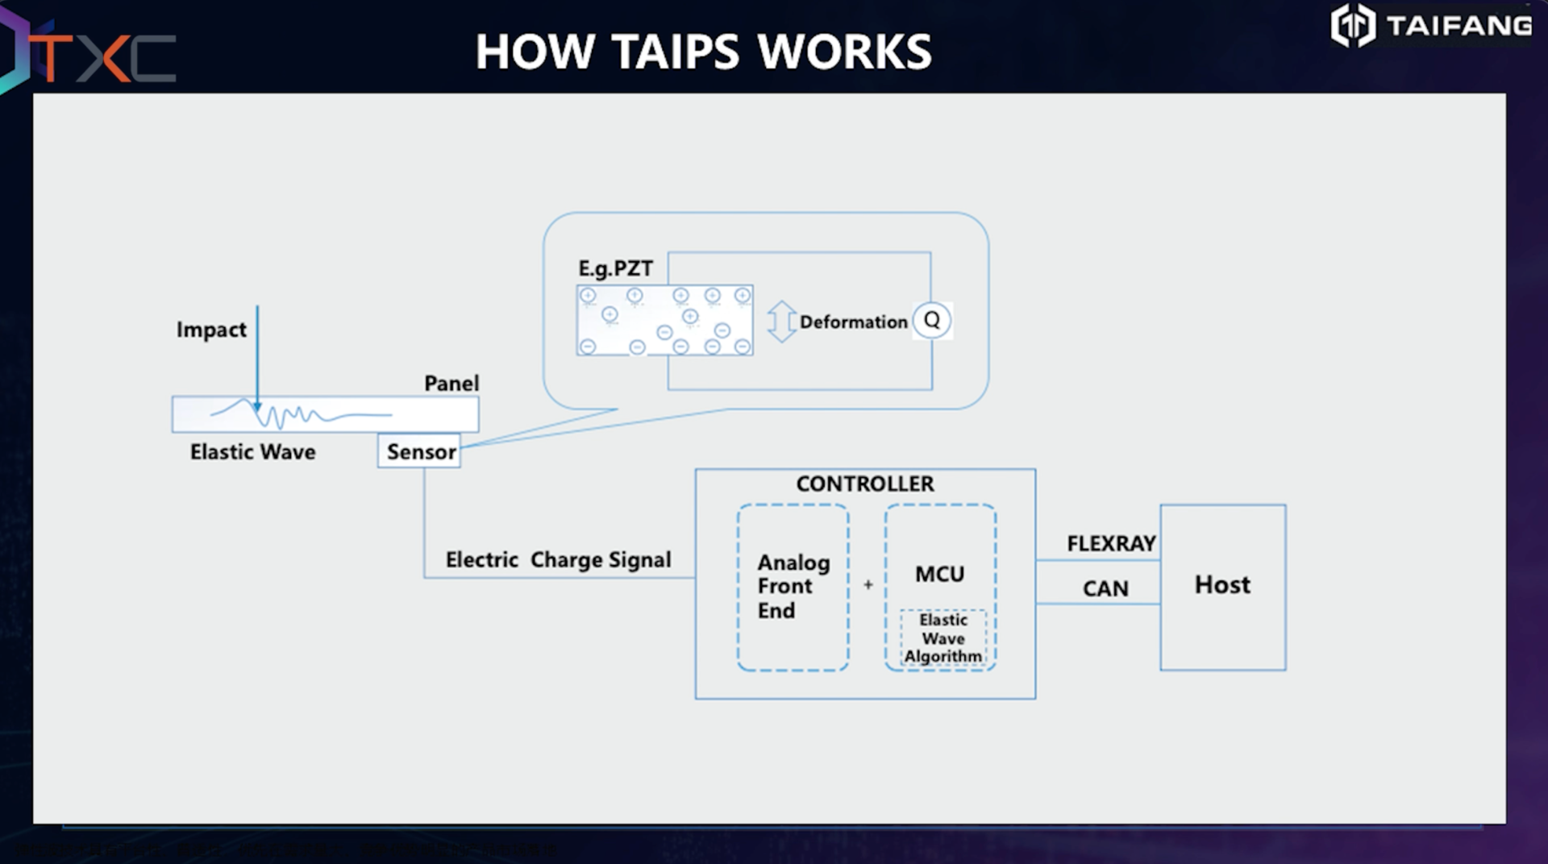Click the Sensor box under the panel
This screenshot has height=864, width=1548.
coord(419,451)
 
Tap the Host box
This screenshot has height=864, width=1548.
coord(1222,586)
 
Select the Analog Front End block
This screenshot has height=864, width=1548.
coord(793,587)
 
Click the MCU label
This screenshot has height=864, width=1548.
coord(939,574)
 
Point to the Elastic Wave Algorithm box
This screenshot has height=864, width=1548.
coord(943,638)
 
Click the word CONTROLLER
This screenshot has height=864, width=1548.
coord(865,484)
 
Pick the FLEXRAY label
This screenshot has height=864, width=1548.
coord(1111,544)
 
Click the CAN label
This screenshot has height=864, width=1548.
coord(1105,589)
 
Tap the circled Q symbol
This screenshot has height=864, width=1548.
coord(932,320)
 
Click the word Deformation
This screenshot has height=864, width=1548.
coord(853,322)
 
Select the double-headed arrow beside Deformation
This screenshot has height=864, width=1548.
coord(781,322)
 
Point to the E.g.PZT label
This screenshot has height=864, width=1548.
coord(615,268)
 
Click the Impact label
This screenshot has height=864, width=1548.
coord(211,330)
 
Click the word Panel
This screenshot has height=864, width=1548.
coord(451,384)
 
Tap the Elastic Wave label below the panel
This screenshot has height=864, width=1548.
coord(252,452)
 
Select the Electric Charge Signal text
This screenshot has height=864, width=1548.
coord(558,560)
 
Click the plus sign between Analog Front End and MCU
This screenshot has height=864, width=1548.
coord(868,585)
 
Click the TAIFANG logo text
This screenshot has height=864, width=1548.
coord(1459,26)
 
